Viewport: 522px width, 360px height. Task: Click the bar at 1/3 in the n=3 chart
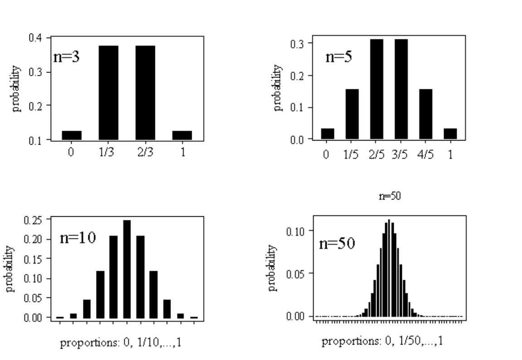pos(108,92)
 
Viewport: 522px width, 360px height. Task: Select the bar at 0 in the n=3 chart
pos(72,135)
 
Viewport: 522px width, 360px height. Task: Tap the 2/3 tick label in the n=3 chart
pos(145,152)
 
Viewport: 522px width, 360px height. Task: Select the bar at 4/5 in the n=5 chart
pos(425,114)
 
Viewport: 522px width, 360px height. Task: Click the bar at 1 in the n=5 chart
pos(450,134)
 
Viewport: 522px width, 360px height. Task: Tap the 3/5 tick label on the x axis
pos(401,155)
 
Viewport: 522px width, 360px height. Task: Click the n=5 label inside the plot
pos(338,57)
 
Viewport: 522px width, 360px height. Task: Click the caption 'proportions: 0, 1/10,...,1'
pos(121,343)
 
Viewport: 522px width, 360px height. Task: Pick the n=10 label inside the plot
pos(77,238)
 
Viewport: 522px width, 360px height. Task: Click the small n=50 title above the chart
pos(389,196)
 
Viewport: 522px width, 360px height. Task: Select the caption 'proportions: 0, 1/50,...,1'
pos(382,341)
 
